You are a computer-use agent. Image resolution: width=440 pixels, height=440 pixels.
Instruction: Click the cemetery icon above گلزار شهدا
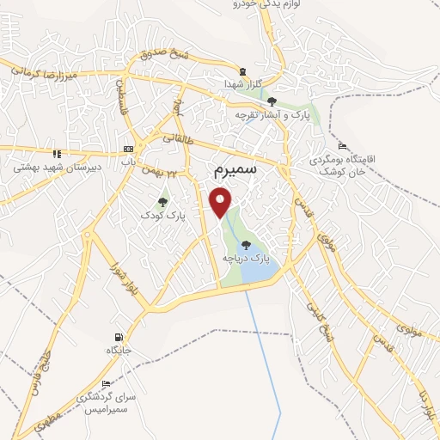pyautogui.click(x=242, y=72)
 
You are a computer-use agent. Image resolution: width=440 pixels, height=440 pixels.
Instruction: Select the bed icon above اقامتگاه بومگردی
pyautogui.click(x=343, y=145)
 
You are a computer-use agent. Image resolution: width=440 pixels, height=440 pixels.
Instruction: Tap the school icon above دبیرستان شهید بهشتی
pyautogui.click(x=57, y=154)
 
